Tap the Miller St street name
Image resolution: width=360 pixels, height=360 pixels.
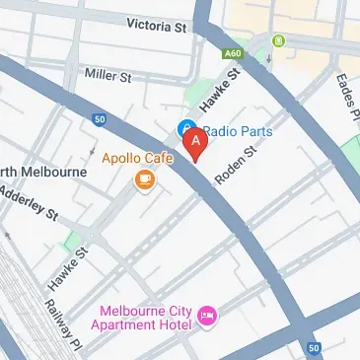coord(108,75)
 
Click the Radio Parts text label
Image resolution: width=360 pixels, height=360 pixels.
coord(238,129)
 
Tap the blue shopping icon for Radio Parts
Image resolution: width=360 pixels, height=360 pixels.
coord(184,128)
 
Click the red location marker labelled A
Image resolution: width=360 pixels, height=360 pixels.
coord(196,144)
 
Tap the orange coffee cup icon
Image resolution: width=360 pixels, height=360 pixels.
coord(144,180)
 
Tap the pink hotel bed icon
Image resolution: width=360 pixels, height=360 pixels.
coord(207,317)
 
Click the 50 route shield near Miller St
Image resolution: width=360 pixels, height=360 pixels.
coord(99,119)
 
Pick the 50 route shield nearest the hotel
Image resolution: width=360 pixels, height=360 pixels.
coord(313,347)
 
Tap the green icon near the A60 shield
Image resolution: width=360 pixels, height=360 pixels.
coord(279,40)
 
